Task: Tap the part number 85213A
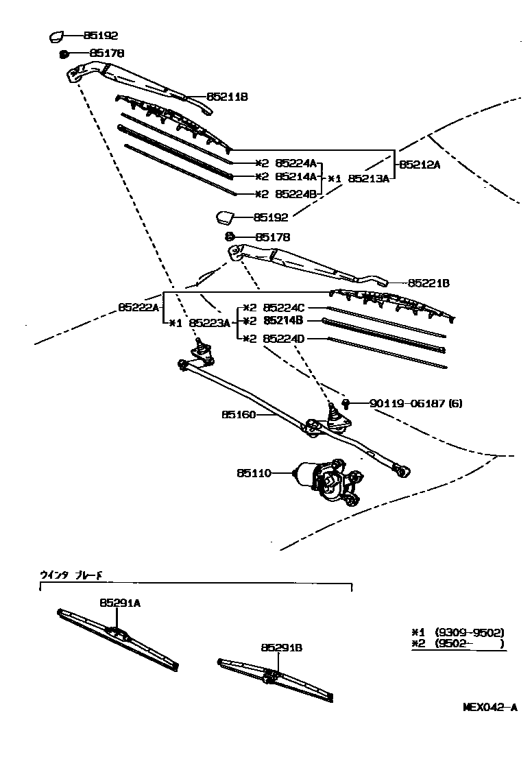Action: coord(369,178)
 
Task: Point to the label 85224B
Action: coord(295,194)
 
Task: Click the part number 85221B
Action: coord(428,283)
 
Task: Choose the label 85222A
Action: coord(138,308)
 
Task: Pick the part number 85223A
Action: coord(210,322)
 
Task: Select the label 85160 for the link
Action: coord(237,414)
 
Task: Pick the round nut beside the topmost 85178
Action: coord(63,53)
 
